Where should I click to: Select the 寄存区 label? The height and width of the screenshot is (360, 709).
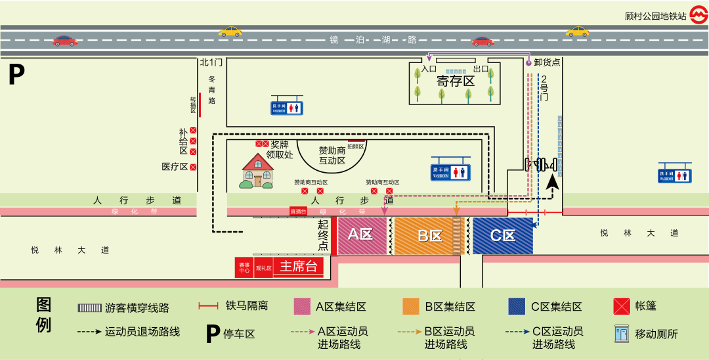tap(456, 81)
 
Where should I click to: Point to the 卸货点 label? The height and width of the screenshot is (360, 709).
tap(547, 62)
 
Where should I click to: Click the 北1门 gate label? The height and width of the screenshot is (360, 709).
tap(211, 62)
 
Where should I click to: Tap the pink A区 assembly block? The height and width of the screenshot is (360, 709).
tap(361, 235)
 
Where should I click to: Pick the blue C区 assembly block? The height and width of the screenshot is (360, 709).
tap(502, 235)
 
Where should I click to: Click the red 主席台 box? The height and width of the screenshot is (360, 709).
tap(299, 267)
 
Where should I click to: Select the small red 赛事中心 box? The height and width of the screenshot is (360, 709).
tap(244, 267)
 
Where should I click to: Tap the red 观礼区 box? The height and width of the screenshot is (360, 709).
tap(263, 267)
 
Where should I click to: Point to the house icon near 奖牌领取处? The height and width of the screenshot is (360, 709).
tap(257, 171)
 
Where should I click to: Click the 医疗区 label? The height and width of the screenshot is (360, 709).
tap(175, 167)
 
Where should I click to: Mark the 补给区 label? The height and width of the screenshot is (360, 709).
tap(183, 141)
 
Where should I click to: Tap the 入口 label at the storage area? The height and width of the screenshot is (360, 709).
tap(429, 68)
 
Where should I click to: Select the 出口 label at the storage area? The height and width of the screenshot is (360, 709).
tap(481, 68)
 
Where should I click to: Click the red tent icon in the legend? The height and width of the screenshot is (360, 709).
tap(621, 306)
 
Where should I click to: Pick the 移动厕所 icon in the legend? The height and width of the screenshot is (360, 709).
tap(621, 333)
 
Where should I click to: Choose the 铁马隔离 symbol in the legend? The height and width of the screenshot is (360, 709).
tap(208, 306)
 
